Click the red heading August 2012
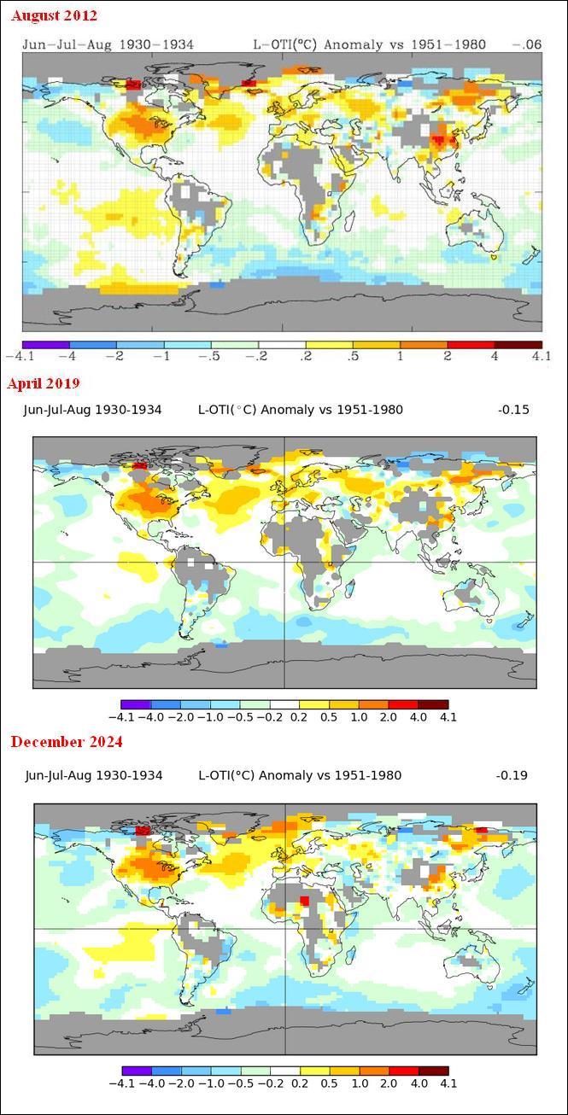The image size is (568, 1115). point(55,15)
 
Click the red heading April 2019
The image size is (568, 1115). point(44,382)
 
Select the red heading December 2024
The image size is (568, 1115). point(67,741)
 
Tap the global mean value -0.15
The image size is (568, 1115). point(513,410)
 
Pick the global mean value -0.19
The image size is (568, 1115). point(512,775)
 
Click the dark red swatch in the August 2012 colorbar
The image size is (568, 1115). point(518,344)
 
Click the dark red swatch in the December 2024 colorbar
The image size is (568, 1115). point(433,1071)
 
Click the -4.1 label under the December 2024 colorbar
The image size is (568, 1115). point(122,1083)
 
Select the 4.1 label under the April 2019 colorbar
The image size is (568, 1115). point(448,717)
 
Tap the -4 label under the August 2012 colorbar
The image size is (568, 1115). point(68,356)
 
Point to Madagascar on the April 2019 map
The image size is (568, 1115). point(351,589)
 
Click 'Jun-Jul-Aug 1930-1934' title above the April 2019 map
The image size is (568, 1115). point(91,410)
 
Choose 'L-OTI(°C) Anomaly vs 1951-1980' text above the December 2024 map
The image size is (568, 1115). point(299,775)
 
